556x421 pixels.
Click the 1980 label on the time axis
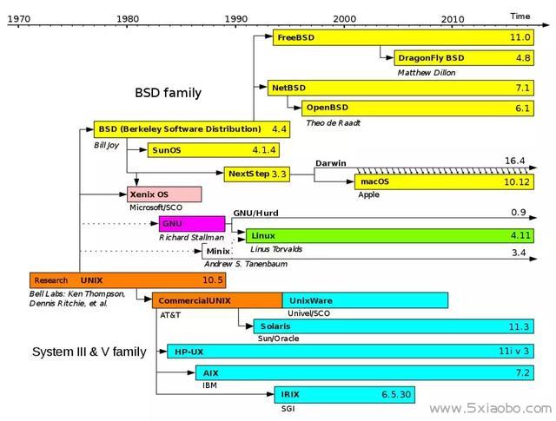(128, 18)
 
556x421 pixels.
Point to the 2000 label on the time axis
(344, 18)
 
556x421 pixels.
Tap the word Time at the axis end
(520, 16)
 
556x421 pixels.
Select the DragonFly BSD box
(464, 58)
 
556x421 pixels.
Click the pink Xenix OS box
(164, 194)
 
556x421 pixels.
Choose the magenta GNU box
(192, 224)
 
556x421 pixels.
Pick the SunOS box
(214, 150)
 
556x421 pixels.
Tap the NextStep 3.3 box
(257, 174)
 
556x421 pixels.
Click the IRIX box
(344, 394)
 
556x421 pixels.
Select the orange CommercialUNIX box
(217, 300)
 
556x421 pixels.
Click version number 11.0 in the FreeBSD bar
(520, 37)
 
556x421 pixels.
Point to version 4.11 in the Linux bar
(520, 235)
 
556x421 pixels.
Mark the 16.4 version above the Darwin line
(515, 161)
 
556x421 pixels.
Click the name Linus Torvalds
(276, 249)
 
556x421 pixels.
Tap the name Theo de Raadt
(333, 123)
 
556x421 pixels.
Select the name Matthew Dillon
(427, 73)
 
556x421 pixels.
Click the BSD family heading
(168, 93)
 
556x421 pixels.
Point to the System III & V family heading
(89, 352)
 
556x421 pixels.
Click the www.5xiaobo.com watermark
(490, 409)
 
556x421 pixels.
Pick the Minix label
(218, 251)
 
